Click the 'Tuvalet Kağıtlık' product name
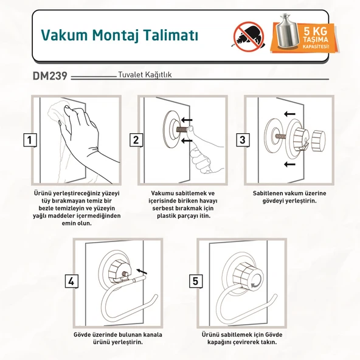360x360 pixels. [144, 77]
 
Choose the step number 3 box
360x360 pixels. [242, 140]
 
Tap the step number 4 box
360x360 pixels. [71, 281]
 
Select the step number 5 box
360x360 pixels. [196, 281]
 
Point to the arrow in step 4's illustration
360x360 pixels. [142, 271]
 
